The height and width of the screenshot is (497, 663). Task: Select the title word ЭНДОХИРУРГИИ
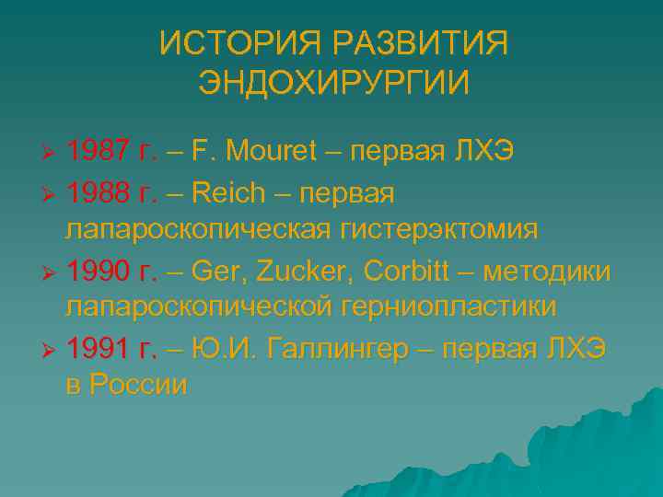click(333, 83)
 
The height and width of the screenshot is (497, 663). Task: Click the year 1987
click(98, 150)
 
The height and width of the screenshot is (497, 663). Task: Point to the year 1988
click(98, 193)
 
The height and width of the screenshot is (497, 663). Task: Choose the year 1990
click(98, 272)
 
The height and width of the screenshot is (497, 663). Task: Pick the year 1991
click(98, 351)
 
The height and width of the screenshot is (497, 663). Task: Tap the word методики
click(555, 272)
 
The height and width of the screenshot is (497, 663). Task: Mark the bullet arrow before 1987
click(52, 151)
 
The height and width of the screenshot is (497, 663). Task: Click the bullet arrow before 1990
click(52, 273)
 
